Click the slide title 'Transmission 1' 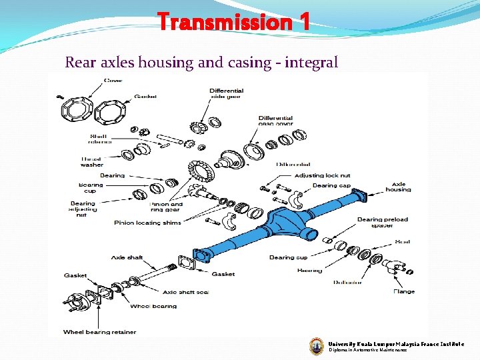click(x=234, y=23)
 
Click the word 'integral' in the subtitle click(x=311, y=63)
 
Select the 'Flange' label click(x=403, y=291)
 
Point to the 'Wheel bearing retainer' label click(x=99, y=331)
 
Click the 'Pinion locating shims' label click(x=147, y=223)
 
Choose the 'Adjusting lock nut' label click(x=322, y=175)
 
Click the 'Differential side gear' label click(x=226, y=94)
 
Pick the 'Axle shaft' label click(x=127, y=257)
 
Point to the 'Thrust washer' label click(x=92, y=162)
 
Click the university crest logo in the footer click(x=317, y=345)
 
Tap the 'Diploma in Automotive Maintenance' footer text click(x=367, y=349)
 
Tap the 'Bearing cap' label click(x=331, y=185)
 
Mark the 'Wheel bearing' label click(x=153, y=306)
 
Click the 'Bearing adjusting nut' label click(x=83, y=209)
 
